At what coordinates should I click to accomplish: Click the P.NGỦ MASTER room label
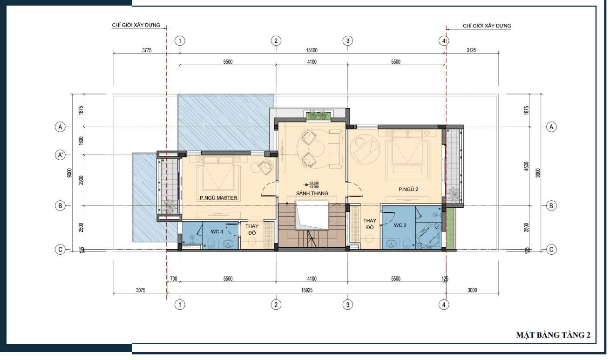pyautogui.click(x=218, y=198)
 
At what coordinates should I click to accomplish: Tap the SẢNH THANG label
pyautogui.click(x=312, y=193)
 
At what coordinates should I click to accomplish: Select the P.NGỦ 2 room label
pyautogui.click(x=408, y=189)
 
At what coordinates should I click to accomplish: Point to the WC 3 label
pyautogui.click(x=217, y=232)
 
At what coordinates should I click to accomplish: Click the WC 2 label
pyautogui.click(x=400, y=225)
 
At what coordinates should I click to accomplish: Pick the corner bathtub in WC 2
pyautogui.click(x=429, y=236)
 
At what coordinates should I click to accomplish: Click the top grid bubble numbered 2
pyautogui.click(x=276, y=41)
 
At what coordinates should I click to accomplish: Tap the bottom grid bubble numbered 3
pyautogui.click(x=347, y=305)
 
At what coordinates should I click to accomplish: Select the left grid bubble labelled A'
pyautogui.click(x=60, y=155)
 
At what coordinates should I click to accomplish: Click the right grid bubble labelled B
pyautogui.click(x=551, y=206)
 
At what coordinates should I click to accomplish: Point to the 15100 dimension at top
pyautogui.click(x=312, y=50)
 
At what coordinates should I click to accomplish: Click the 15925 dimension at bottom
pyautogui.click(x=307, y=290)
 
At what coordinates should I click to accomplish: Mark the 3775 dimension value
pyautogui.click(x=147, y=50)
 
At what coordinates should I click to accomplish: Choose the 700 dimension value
pyautogui.click(x=174, y=279)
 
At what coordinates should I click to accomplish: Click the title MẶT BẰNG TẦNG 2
pyautogui.click(x=553, y=335)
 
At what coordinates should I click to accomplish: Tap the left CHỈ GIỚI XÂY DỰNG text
pyautogui.click(x=136, y=25)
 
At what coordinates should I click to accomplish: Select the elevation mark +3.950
pyautogui.click(x=314, y=183)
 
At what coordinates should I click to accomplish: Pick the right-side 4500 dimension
pyautogui.click(x=526, y=166)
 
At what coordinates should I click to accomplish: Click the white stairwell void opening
pyautogui.click(x=312, y=215)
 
